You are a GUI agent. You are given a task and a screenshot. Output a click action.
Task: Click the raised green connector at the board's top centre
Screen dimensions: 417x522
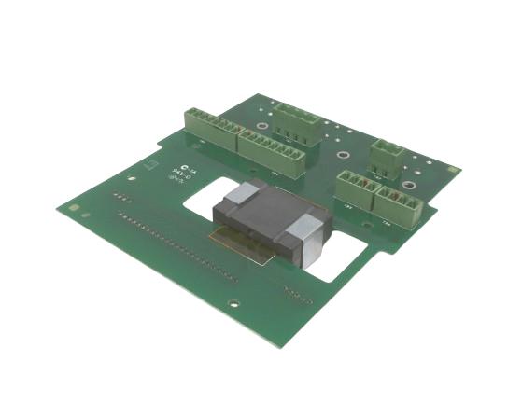click(295, 116)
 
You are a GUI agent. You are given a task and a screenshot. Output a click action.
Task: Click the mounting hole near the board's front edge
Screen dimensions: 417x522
click(234, 302)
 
